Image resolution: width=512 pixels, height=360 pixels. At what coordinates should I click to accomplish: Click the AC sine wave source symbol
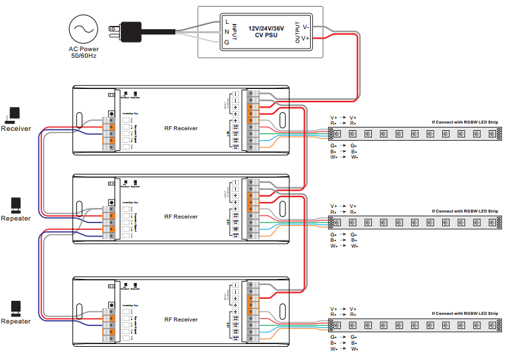click(x=84, y=29)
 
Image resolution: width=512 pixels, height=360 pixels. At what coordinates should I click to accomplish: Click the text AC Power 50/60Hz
click(x=84, y=52)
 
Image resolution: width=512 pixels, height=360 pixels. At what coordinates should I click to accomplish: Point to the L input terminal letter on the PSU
click(x=226, y=21)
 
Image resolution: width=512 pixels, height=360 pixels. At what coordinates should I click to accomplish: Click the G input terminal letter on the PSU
click(x=226, y=41)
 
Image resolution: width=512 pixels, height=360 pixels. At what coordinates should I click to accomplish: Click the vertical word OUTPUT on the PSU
click(x=297, y=32)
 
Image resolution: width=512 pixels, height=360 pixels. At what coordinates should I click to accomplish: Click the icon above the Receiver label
click(x=14, y=115)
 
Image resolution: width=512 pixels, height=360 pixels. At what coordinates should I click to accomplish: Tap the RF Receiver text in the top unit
click(x=181, y=128)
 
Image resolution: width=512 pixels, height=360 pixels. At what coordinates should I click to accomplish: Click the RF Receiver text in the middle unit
click(x=181, y=217)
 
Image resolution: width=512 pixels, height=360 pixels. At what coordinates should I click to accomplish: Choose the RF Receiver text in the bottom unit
click(x=181, y=319)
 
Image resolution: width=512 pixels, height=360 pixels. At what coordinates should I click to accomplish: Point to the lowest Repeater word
click(x=15, y=321)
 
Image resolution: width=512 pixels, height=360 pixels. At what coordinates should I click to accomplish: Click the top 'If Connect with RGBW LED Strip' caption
click(x=464, y=122)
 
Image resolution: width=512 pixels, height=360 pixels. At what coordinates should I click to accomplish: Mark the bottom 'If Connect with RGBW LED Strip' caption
click(x=464, y=313)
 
